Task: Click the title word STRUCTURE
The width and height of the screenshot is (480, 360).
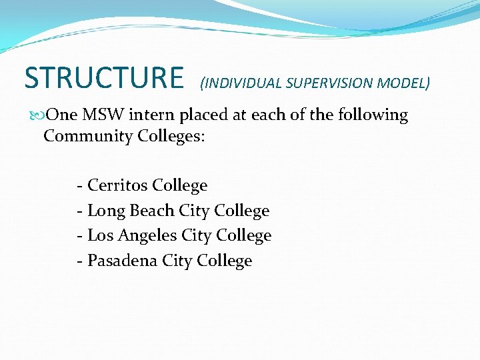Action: [103, 77]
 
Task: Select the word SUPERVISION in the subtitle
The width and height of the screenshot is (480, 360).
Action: [331, 83]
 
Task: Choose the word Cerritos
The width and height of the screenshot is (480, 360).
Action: [117, 185]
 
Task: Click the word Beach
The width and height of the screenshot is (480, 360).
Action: [151, 211]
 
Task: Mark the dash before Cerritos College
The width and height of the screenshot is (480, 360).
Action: [80, 186]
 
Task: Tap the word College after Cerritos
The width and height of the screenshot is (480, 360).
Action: [180, 185]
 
